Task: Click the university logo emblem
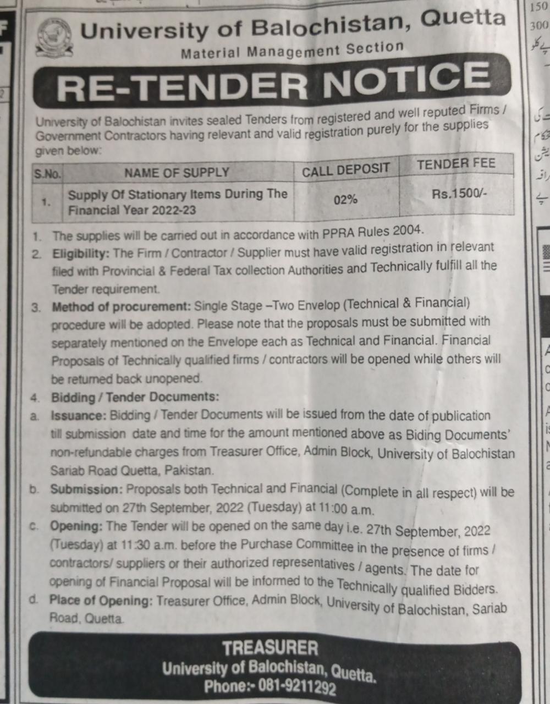(53, 37)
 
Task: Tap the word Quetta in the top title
(463, 18)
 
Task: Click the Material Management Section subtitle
(292, 50)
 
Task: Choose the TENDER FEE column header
(456, 164)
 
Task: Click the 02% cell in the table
(345, 200)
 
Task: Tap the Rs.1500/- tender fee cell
(459, 194)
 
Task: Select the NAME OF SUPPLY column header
(177, 173)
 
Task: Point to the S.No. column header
(47, 175)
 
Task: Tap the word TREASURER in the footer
(270, 648)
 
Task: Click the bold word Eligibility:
(81, 254)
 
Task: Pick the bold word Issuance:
(78, 416)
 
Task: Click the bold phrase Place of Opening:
(101, 600)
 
